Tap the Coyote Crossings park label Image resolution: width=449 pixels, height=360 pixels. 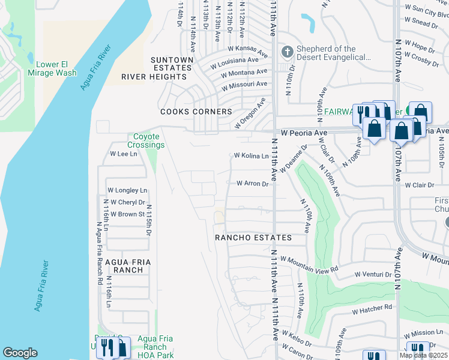[x=146, y=140]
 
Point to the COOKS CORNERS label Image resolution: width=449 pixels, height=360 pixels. [x=196, y=112]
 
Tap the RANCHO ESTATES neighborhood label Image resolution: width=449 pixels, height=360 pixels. [x=253, y=238]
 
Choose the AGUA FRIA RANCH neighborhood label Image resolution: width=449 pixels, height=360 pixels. [x=124, y=266]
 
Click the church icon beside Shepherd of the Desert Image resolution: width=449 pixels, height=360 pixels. [x=287, y=52]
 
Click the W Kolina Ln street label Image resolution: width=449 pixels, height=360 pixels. [x=251, y=156]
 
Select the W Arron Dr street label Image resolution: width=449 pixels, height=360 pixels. [x=252, y=184]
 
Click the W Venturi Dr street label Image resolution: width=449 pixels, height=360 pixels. [x=372, y=274]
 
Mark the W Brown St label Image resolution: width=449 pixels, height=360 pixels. [x=124, y=214]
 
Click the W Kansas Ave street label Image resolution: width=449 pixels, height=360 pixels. [x=247, y=50]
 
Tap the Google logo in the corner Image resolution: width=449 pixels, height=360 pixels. [x=20, y=353]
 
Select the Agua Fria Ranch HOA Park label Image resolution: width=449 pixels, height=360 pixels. [x=155, y=347]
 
